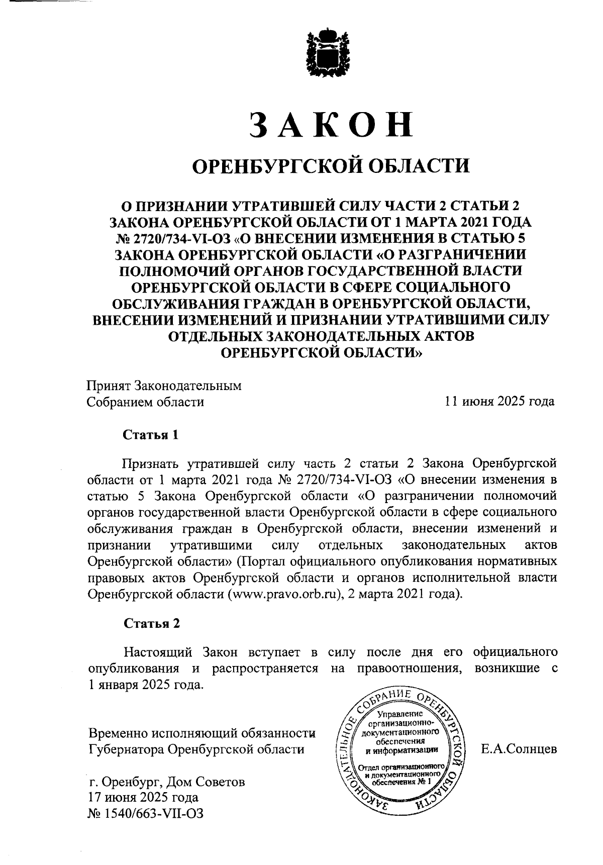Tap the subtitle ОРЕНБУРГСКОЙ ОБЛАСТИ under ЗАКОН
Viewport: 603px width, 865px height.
coord(332,165)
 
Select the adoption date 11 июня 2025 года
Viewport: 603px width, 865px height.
coord(499,402)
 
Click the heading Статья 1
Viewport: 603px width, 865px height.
coord(151,434)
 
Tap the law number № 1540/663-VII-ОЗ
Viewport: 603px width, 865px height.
coord(146,813)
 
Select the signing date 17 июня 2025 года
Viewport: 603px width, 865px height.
coord(143,798)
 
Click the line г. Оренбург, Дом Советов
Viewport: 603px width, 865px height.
coord(166,782)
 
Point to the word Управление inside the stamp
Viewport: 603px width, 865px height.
coord(399,714)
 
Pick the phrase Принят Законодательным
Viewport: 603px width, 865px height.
coord(164,386)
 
